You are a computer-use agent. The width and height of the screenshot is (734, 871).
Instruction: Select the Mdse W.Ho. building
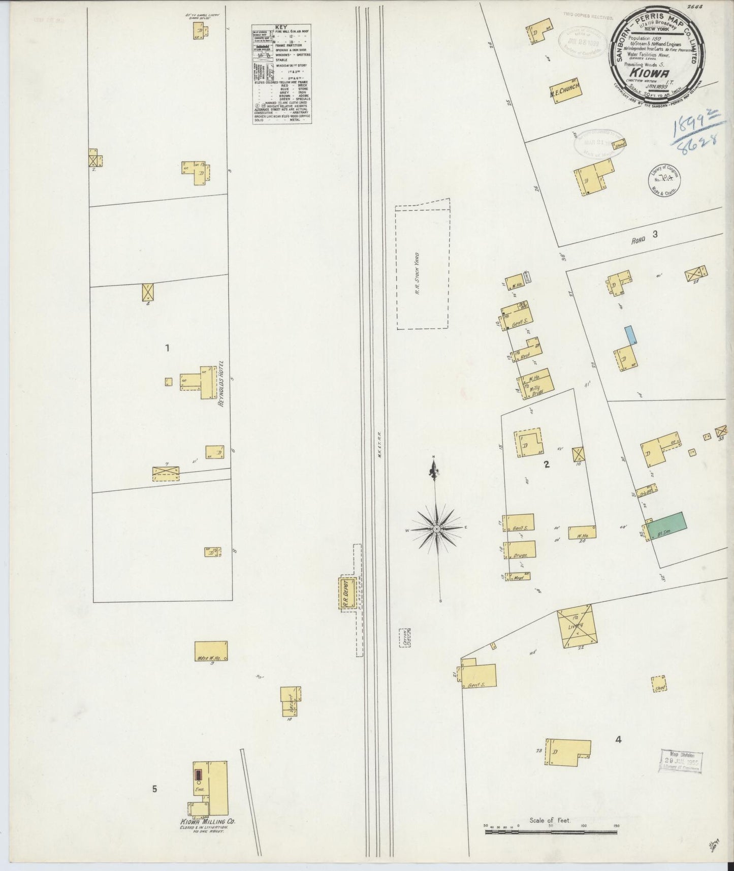click(211, 651)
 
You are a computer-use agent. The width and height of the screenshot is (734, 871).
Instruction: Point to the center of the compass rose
click(436, 529)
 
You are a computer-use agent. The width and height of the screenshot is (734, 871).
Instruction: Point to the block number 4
click(618, 740)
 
